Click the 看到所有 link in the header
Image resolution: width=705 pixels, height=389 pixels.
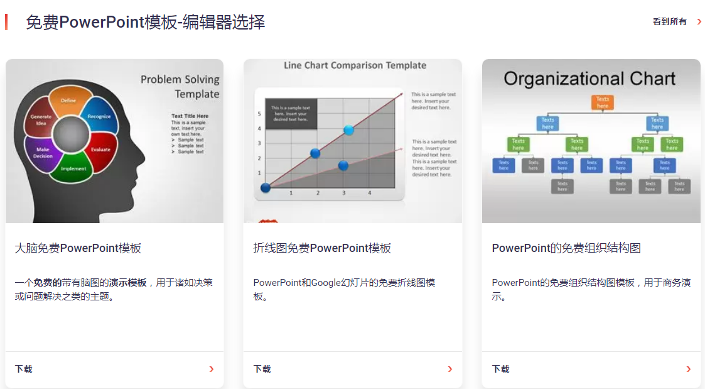[670, 22]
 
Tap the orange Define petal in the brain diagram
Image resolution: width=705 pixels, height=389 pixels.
[68, 102]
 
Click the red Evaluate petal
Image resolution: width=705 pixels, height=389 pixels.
[100, 150]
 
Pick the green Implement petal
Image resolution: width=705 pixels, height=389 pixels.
[73, 168]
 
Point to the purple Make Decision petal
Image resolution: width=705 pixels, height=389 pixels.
[43, 153]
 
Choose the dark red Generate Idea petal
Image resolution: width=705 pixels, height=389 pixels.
[41, 120]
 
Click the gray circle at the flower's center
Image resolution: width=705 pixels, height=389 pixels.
[70, 135]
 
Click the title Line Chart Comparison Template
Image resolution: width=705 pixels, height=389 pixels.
[355, 65]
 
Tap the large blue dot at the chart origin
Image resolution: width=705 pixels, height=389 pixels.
[266, 187]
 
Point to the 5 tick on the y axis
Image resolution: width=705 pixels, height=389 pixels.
[259, 114]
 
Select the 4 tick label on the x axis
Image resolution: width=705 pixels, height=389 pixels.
[369, 193]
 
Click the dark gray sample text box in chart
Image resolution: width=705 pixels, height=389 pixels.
[291, 114]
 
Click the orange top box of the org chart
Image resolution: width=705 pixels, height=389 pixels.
[602, 102]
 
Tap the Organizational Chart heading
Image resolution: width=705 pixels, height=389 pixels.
[589, 79]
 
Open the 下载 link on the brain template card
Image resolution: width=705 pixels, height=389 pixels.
[24, 369]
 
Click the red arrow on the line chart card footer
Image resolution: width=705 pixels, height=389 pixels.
[449, 369]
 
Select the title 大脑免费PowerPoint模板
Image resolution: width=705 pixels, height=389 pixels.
[78, 248]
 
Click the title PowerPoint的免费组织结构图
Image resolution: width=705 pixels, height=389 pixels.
[566, 248]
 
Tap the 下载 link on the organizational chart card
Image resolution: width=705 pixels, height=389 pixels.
[501, 369]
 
